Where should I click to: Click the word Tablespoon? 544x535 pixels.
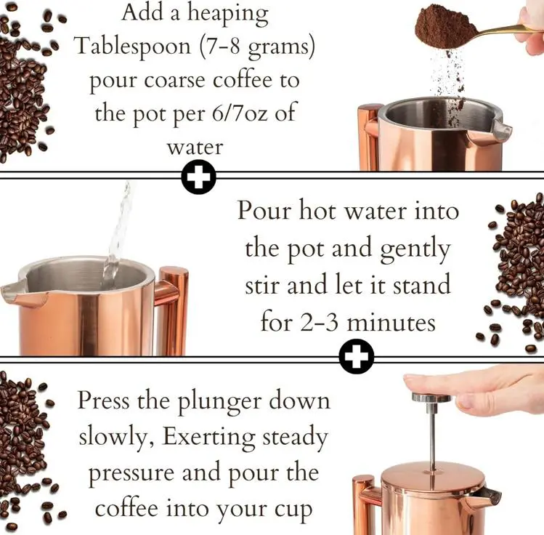(x=133, y=47)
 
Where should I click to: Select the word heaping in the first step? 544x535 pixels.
(x=228, y=15)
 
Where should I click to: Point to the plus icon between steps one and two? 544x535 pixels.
(x=198, y=177)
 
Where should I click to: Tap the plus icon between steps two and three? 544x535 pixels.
(x=357, y=356)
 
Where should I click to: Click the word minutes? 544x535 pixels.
(x=391, y=322)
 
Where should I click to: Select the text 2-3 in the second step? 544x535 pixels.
(x=319, y=323)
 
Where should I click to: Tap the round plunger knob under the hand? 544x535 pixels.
(x=431, y=397)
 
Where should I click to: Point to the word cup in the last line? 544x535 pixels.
(x=293, y=510)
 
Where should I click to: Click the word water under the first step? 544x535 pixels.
(x=195, y=148)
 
